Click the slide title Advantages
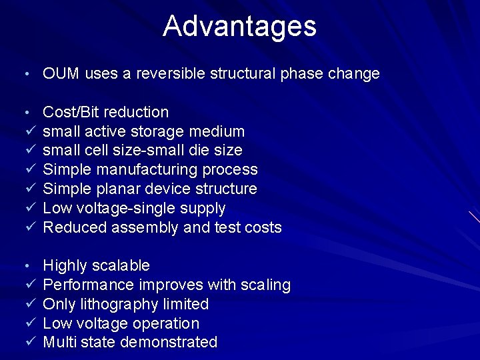239,26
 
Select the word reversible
171,73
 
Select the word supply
203,209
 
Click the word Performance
89,285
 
